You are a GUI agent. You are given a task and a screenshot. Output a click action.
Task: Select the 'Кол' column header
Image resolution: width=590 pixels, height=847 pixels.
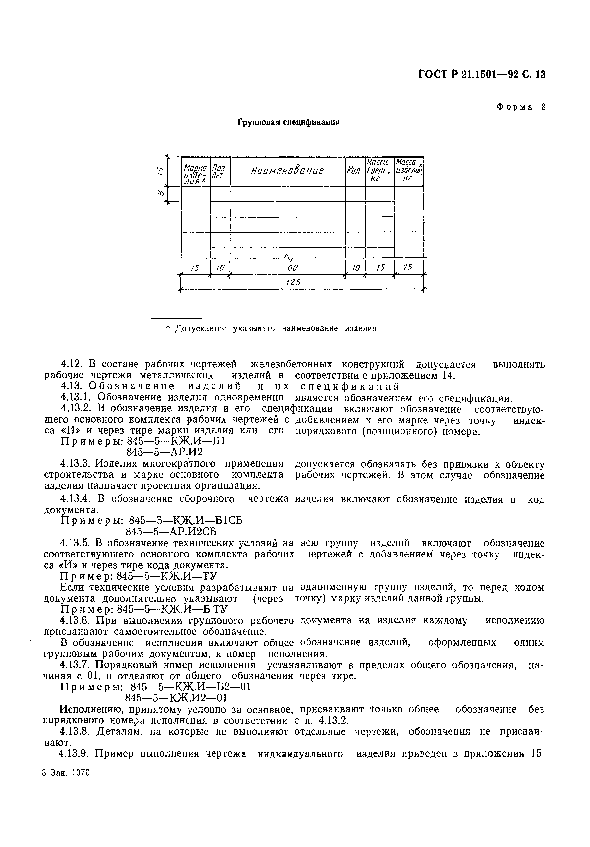click(354, 172)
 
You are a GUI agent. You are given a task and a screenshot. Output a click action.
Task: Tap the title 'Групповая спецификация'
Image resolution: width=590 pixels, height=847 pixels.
click(288, 122)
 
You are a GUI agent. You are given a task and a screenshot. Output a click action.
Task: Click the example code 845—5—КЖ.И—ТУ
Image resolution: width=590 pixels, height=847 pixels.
click(166, 576)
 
